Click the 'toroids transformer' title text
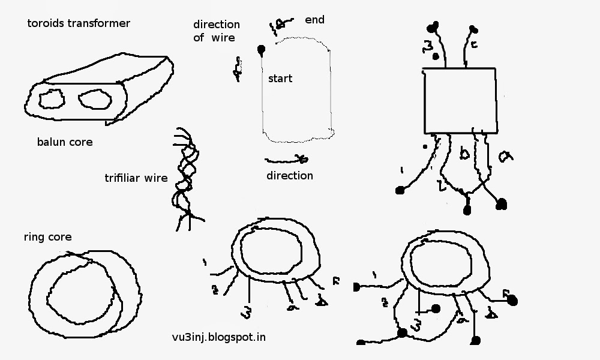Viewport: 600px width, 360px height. coord(79,24)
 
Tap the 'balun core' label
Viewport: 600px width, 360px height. coord(64,142)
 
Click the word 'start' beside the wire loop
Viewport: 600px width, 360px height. coord(280,79)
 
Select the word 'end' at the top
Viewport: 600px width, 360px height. coord(314,20)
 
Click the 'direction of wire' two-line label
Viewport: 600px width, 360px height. coord(216,31)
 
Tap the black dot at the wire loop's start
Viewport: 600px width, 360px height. coord(261,49)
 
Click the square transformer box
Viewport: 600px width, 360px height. coord(460,100)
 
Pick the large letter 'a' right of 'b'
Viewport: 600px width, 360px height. coord(505,155)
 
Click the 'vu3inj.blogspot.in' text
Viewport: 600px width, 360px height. coord(218,337)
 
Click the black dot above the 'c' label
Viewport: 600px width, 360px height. coord(473,28)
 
